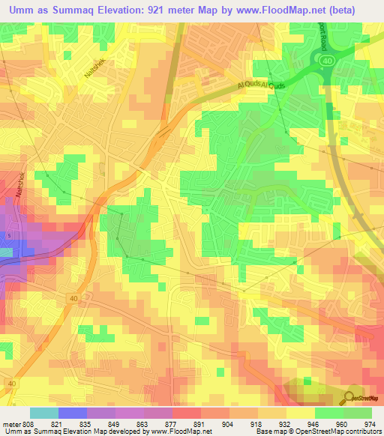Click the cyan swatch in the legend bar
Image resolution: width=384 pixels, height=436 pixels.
click(x=44, y=413)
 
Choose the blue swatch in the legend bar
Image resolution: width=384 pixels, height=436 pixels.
click(x=73, y=413)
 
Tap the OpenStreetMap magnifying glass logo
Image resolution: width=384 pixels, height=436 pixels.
click(x=349, y=398)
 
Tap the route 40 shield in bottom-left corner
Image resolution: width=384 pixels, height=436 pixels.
click(x=10, y=383)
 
